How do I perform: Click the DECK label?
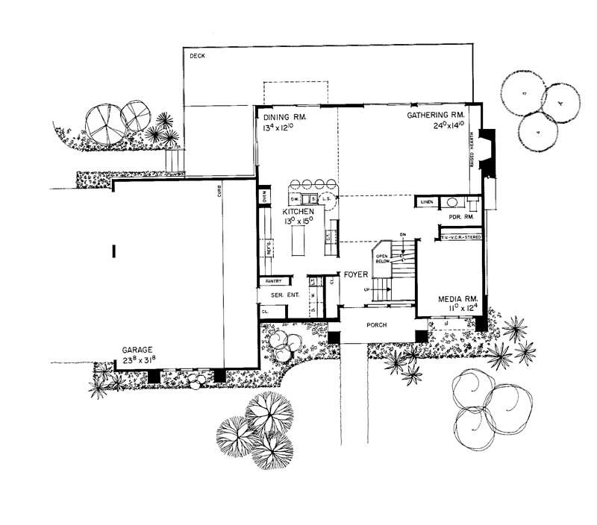[x=197, y=56]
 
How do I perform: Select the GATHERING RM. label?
[x=437, y=116]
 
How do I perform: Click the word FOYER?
[x=355, y=274]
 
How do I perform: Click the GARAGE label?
[x=140, y=349]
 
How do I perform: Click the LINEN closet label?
[x=426, y=202]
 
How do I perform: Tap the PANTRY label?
[x=272, y=281]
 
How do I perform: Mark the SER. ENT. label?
[x=284, y=295]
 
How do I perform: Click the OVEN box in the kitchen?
[x=265, y=198]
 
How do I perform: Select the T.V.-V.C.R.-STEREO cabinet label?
[x=461, y=236]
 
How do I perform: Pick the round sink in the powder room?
[x=452, y=202]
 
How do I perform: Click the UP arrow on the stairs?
[x=366, y=289]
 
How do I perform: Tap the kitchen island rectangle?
[x=297, y=243]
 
